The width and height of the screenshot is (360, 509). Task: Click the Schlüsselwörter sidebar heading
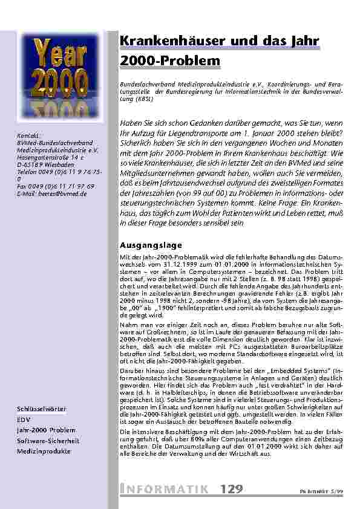pos(42,409)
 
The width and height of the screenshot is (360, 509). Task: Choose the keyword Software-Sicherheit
pos(48,441)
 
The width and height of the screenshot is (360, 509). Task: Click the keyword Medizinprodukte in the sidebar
pos(44,451)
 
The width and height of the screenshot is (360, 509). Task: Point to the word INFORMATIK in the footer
pos(164,488)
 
